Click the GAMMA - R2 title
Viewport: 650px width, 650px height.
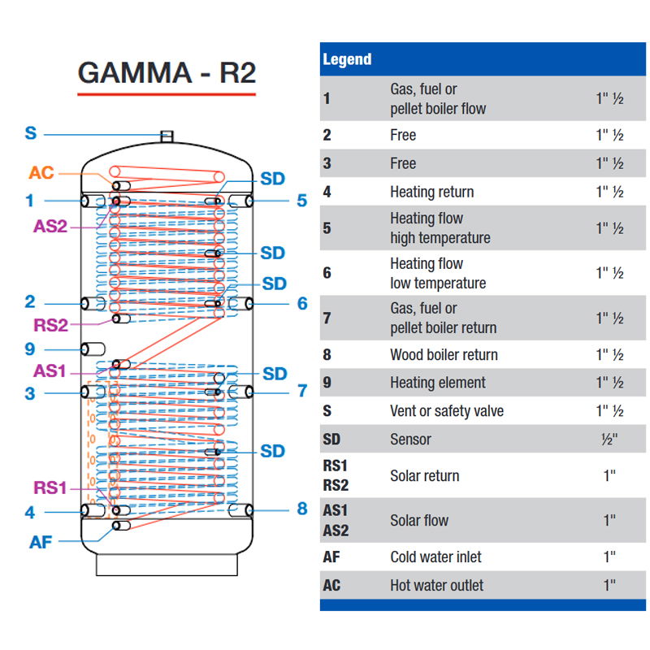(x=167, y=72)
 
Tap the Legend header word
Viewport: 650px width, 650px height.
(x=347, y=59)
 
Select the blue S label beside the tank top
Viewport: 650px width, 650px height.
(x=31, y=134)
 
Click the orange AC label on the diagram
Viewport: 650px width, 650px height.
(x=42, y=173)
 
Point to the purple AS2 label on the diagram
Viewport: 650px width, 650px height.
(x=50, y=226)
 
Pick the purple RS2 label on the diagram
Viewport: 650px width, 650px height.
(x=50, y=326)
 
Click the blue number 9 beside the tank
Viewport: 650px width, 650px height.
(x=30, y=349)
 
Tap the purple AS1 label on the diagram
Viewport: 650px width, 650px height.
(x=50, y=370)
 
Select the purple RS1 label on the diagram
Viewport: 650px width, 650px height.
(x=50, y=487)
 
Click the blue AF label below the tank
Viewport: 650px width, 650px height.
(x=40, y=541)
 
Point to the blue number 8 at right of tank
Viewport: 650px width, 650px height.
(x=302, y=509)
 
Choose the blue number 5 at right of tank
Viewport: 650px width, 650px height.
(x=302, y=201)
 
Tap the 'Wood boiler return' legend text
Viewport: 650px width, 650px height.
(x=444, y=355)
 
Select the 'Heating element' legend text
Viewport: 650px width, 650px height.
(x=437, y=383)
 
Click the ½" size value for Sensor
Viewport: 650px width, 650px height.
(x=609, y=440)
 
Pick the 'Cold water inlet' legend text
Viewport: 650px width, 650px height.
(x=435, y=557)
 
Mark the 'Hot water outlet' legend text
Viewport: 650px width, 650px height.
(x=436, y=585)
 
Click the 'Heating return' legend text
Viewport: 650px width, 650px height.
(x=431, y=193)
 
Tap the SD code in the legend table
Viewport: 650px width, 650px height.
(x=331, y=440)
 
